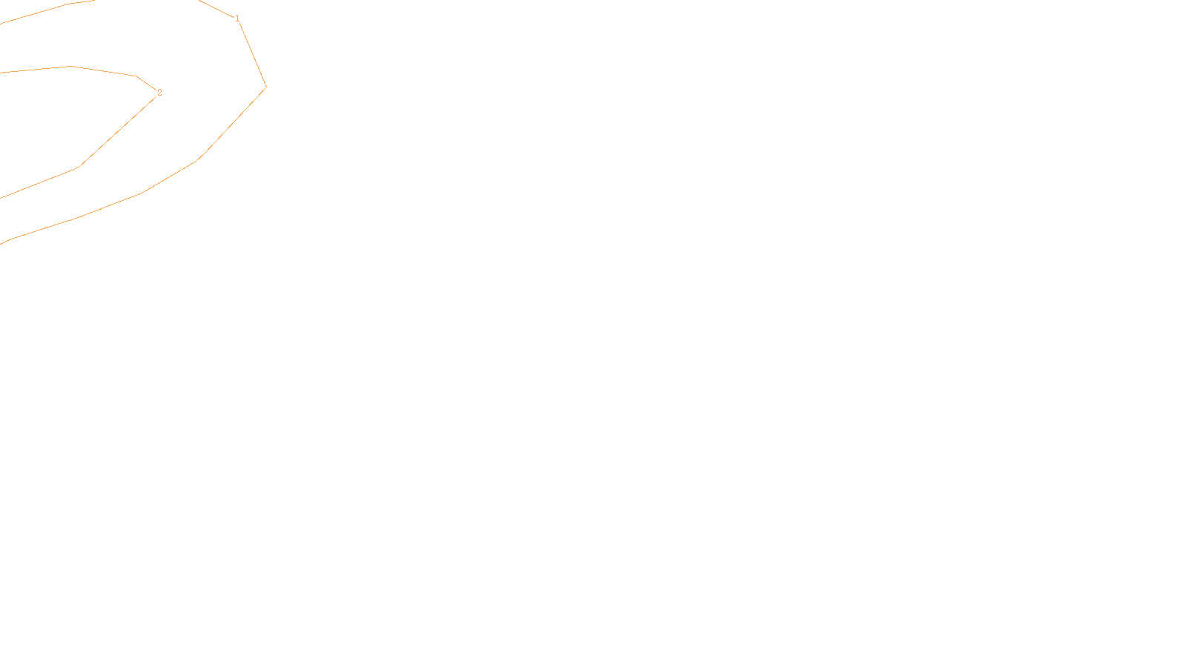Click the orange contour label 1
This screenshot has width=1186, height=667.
click(x=237, y=19)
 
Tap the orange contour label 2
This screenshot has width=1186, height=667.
click(x=159, y=93)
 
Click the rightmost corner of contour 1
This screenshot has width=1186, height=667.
click(x=266, y=87)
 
